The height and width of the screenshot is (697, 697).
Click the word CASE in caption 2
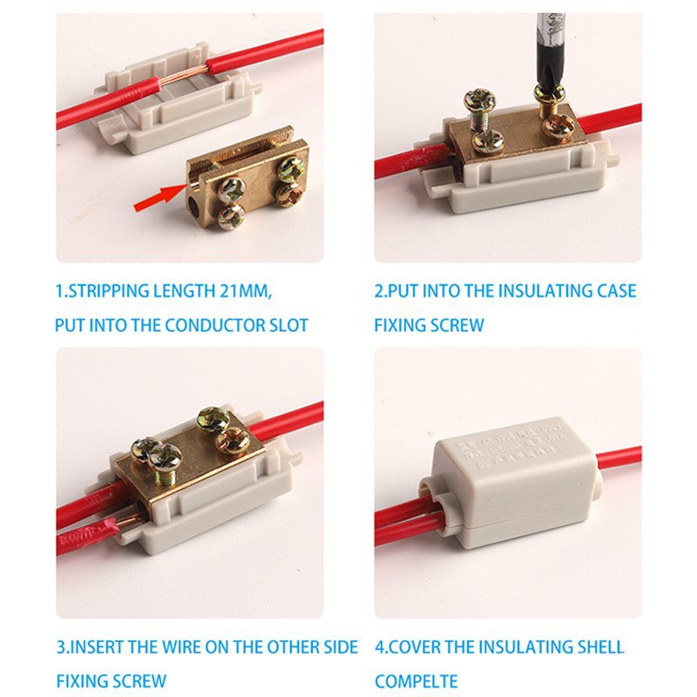[614, 291]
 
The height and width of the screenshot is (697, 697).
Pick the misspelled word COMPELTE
[416, 680]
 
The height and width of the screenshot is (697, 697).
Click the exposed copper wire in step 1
[200, 70]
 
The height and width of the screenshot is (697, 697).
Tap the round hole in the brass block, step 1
[192, 206]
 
